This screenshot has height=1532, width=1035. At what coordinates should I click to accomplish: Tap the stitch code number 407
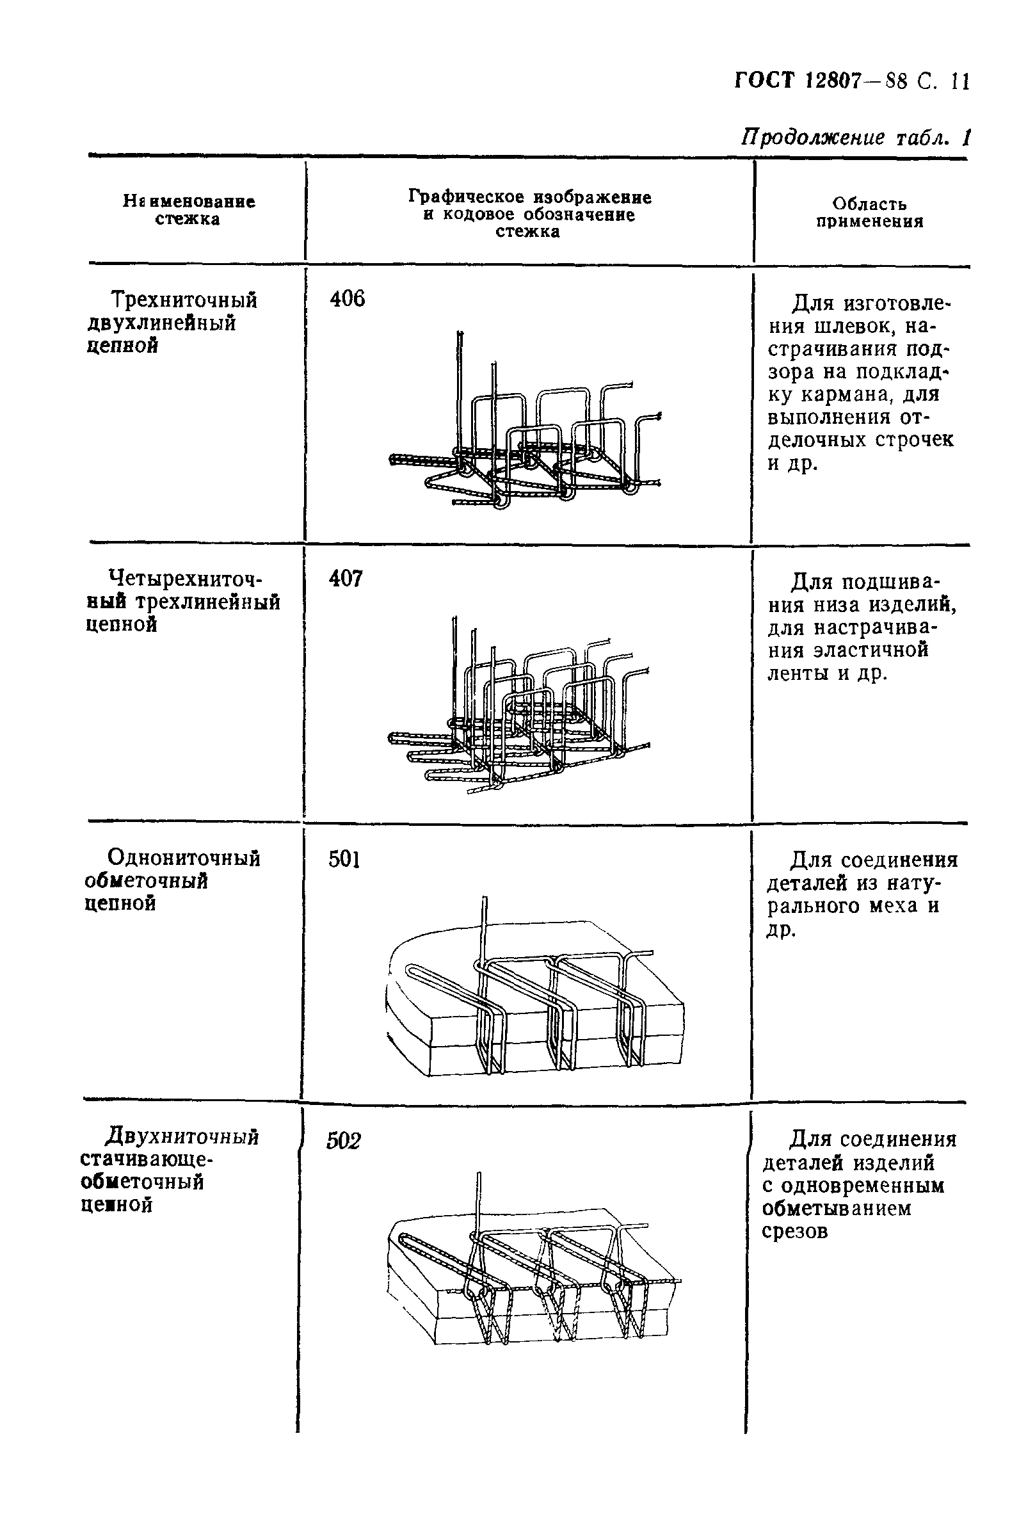346,579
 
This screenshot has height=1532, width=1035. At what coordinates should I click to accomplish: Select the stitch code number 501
344,860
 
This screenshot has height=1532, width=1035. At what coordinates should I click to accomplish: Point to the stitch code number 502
344,1140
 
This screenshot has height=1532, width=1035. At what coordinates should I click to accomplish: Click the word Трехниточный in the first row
184,301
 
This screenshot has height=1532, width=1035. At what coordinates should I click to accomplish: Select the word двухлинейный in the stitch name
161,324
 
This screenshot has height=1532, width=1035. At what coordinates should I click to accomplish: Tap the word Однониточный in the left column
184,859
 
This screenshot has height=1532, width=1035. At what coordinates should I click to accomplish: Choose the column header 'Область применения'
869,213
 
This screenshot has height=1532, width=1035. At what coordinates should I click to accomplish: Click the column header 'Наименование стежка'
189,209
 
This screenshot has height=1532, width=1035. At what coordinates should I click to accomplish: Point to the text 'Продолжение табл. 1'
856,138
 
